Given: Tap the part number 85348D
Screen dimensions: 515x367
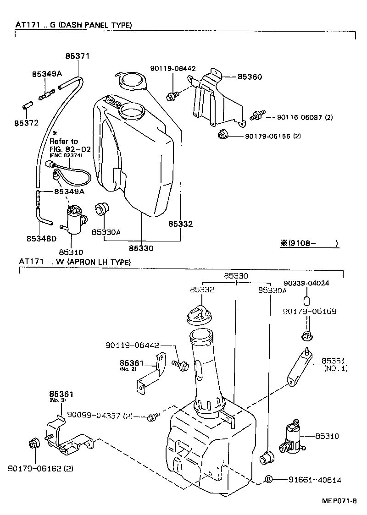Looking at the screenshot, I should (41, 238).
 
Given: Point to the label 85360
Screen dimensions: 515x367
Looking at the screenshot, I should (250, 77).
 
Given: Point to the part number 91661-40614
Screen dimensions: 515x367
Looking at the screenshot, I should (315, 480).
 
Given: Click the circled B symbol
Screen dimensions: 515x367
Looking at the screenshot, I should (269, 480).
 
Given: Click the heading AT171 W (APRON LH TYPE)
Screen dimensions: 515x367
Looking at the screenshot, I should (75, 262).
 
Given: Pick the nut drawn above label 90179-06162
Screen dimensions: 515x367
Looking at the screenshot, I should (34, 443).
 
